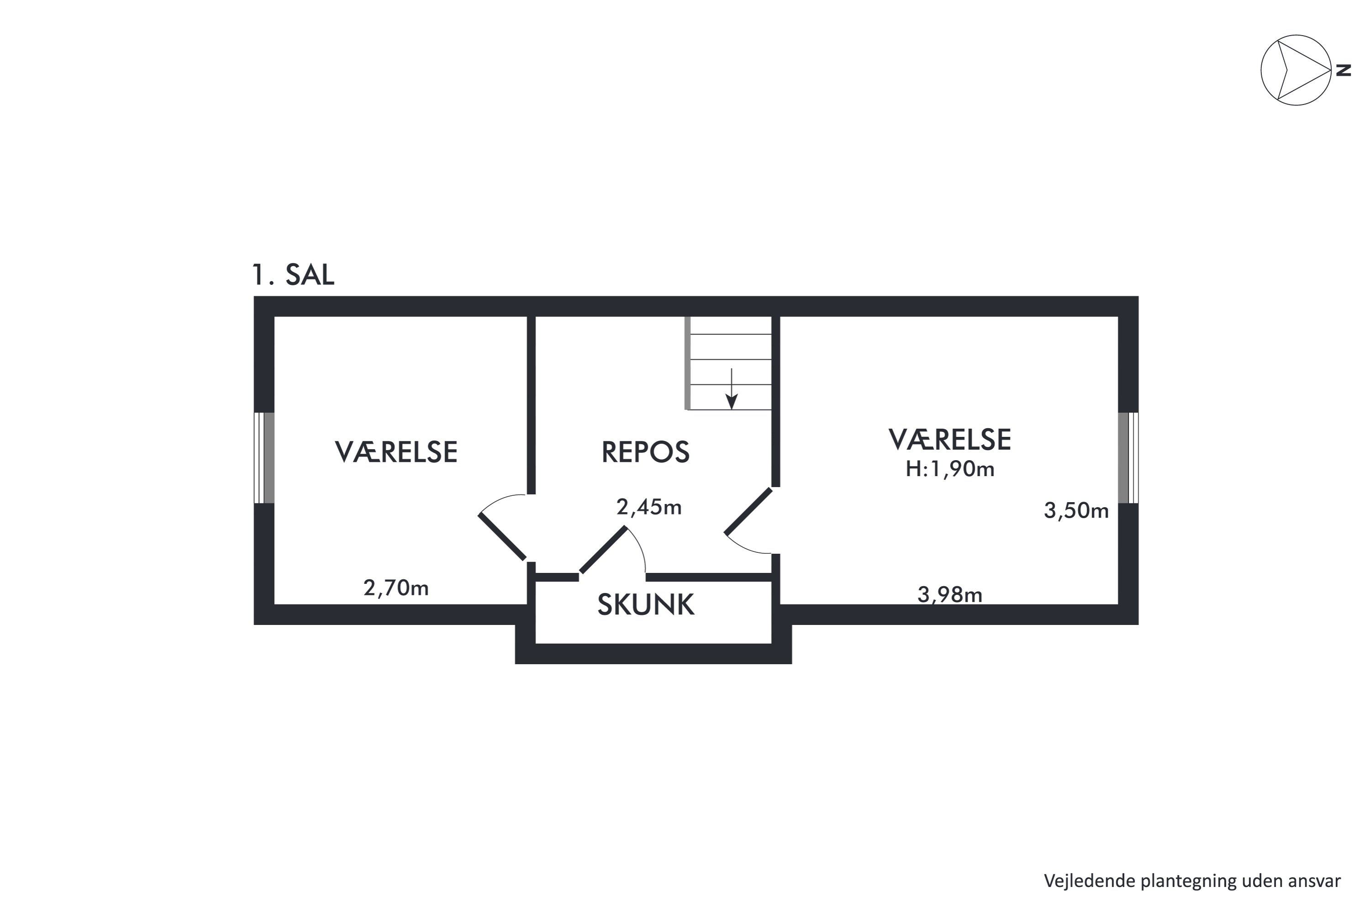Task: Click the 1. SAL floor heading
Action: tap(293, 275)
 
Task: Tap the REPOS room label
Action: tap(645, 452)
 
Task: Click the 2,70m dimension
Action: tap(396, 588)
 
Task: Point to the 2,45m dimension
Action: tap(649, 508)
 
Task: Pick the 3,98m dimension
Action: tap(950, 594)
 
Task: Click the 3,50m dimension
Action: tap(1076, 511)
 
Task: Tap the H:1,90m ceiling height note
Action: tap(950, 469)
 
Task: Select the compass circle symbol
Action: tap(1296, 70)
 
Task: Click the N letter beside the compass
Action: tap(1343, 70)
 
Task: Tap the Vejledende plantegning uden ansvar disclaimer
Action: tap(1192, 881)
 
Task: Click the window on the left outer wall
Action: tap(264, 458)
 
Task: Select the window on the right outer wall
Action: tap(1128, 458)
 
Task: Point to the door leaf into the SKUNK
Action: tap(603, 550)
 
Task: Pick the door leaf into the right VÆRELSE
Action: tap(748, 511)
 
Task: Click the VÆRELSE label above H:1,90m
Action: tap(950, 440)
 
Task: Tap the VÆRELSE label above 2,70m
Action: tap(396, 452)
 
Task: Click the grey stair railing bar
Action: tap(687, 363)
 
